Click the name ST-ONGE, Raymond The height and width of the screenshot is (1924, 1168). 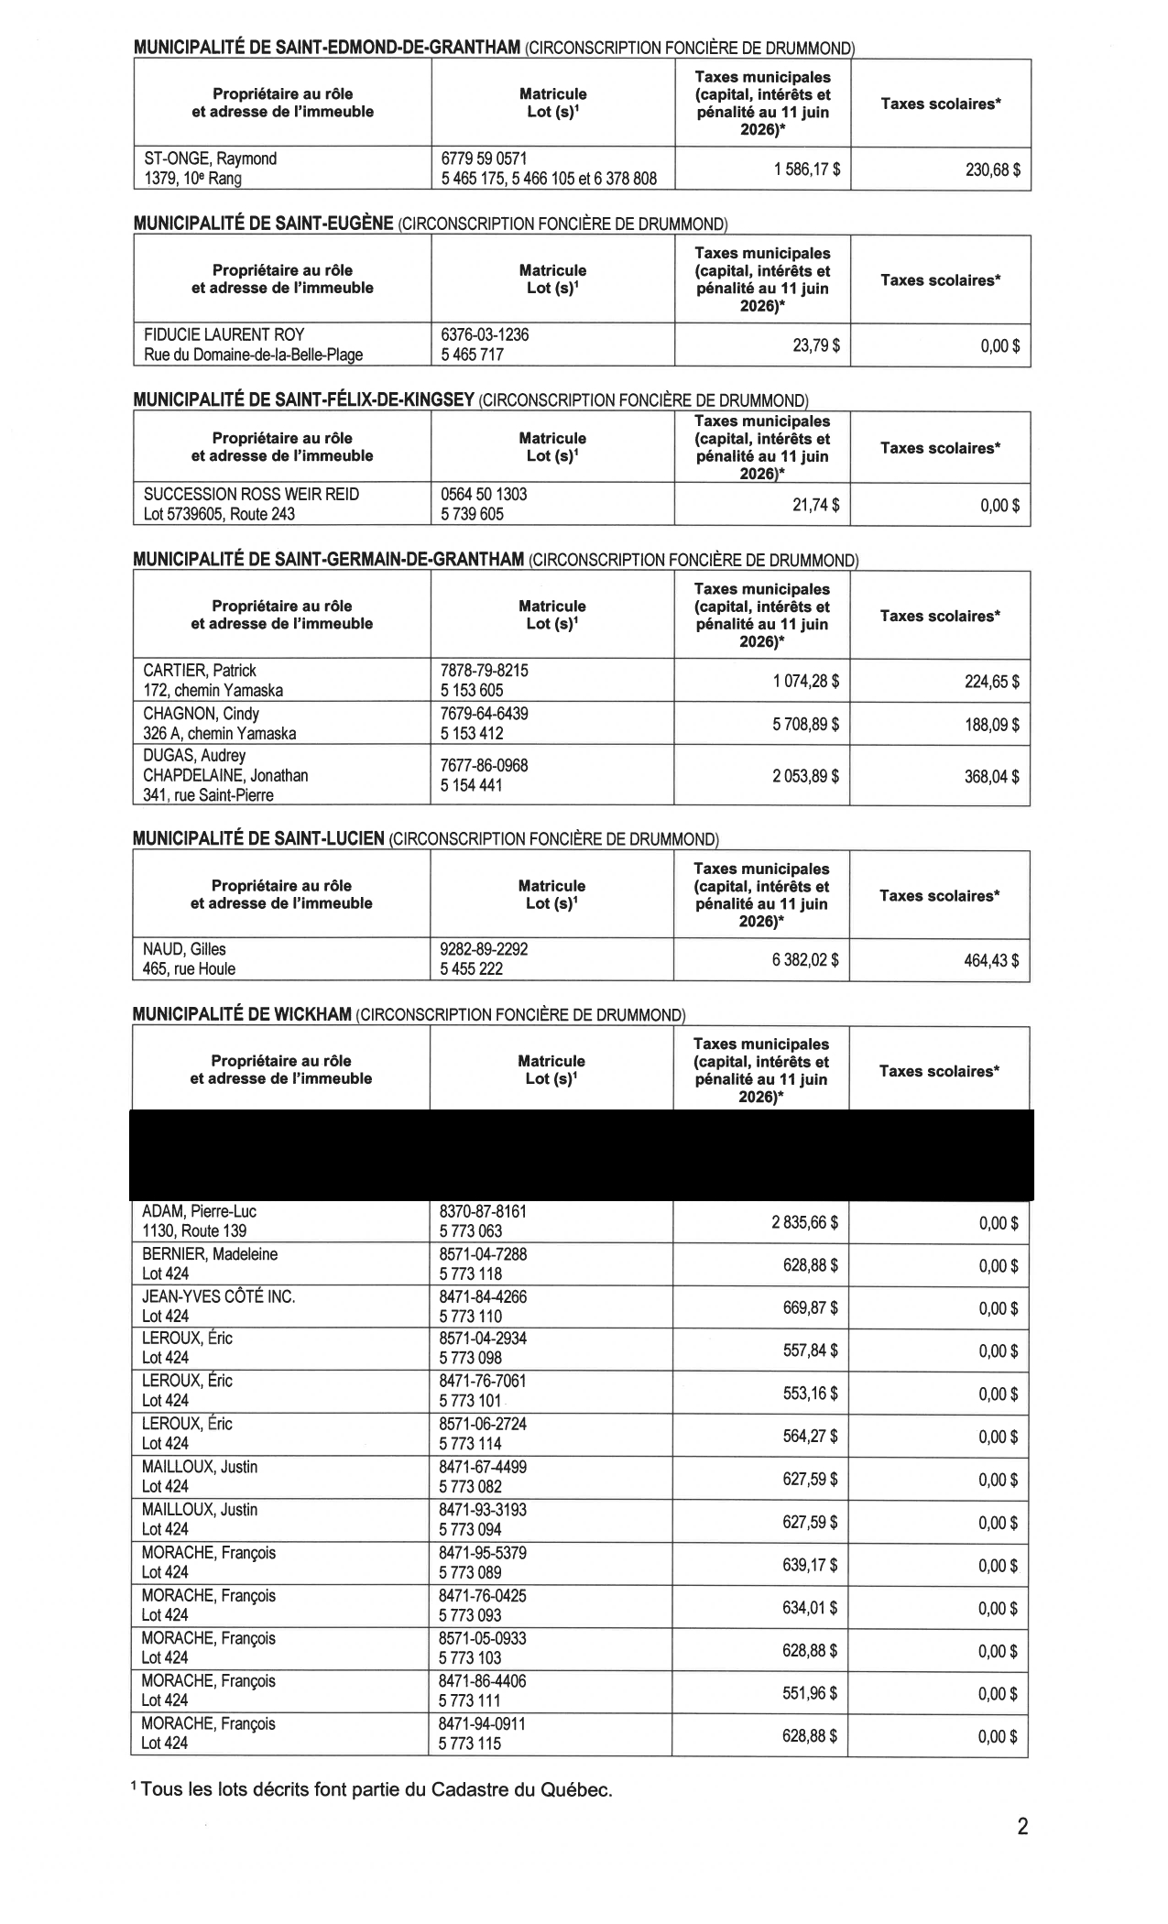click(x=210, y=159)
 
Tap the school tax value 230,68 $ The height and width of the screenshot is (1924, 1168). click(x=993, y=169)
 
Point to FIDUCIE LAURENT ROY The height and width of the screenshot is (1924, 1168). click(x=224, y=334)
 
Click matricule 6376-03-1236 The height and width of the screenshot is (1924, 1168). click(x=485, y=334)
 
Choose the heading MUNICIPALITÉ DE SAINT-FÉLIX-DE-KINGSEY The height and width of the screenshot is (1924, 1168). click(x=304, y=399)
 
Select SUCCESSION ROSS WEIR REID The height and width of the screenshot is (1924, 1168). click(x=251, y=494)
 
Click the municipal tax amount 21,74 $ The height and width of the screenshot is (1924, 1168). click(x=815, y=505)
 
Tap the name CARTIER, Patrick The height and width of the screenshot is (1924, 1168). click(x=200, y=670)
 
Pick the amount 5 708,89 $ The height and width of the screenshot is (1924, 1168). click(x=805, y=725)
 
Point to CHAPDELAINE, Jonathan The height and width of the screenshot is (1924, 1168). click(x=225, y=775)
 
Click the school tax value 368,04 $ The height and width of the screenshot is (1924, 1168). click(x=992, y=776)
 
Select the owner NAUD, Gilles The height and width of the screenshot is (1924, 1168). click(x=184, y=949)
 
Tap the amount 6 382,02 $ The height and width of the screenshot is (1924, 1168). click(x=804, y=961)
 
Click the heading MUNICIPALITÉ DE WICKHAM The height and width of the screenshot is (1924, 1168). click(x=243, y=1014)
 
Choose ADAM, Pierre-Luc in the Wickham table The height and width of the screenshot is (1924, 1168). click(x=199, y=1211)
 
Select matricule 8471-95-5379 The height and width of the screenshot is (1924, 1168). click(x=483, y=1553)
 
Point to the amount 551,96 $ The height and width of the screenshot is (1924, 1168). click(x=810, y=1693)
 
